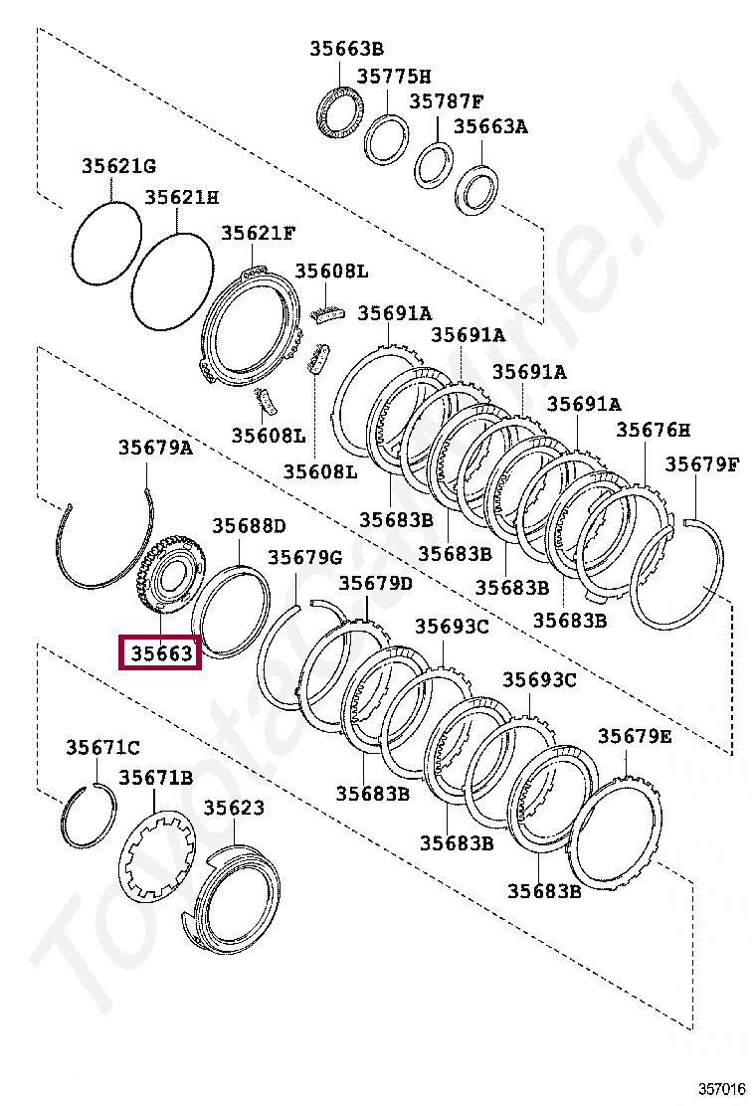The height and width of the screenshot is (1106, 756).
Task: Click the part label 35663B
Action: coord(346,49)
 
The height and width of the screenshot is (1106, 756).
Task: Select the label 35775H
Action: coord(394,76)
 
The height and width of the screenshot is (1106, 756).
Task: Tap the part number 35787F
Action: coord(447,100)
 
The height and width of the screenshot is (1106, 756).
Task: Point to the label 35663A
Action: coord(490,126)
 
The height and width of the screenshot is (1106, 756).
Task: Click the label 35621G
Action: coord(118,166)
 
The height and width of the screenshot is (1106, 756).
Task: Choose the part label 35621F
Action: coord(258,233)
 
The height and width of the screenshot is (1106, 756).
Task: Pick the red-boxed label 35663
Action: coord(161,652)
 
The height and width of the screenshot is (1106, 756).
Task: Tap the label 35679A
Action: coord(155,448)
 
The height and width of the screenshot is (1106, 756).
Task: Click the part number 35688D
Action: coord(250,525)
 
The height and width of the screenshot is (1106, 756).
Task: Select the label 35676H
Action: coord(653,430)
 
